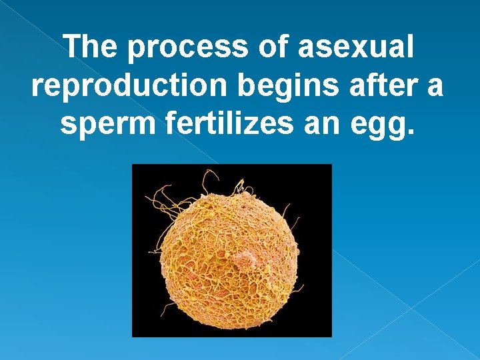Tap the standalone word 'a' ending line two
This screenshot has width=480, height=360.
point(434,86)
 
